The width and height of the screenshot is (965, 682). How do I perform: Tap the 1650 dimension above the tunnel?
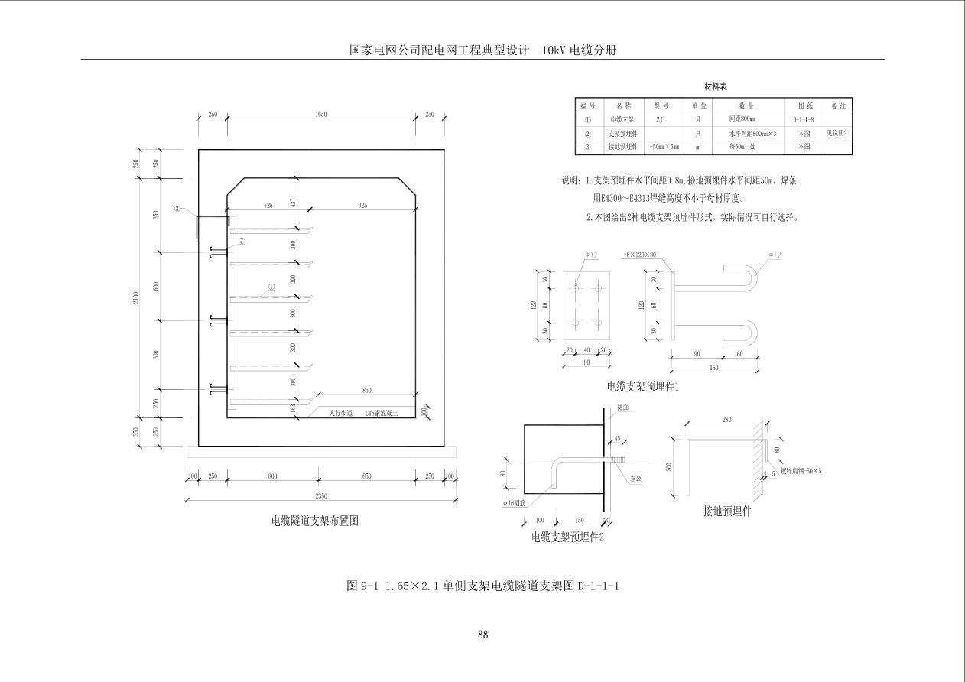(320, 115)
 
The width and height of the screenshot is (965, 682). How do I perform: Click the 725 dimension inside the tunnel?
(268, 206)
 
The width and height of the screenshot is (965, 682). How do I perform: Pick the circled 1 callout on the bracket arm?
(271, 288)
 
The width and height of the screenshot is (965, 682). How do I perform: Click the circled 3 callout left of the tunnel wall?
(177, 208)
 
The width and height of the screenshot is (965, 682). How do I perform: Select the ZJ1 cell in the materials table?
(661, 119)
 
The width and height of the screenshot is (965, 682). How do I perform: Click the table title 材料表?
(715, 87)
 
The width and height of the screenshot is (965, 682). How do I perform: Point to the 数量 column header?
(746, 106)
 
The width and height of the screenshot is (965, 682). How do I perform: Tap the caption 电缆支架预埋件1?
(642, 387)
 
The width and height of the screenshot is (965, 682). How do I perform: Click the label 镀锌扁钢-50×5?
(797, 471)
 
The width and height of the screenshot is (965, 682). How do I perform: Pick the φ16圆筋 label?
(516, 502)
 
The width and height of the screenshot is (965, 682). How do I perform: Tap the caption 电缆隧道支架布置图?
(314, 521)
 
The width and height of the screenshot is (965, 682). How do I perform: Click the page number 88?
(482, 635)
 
